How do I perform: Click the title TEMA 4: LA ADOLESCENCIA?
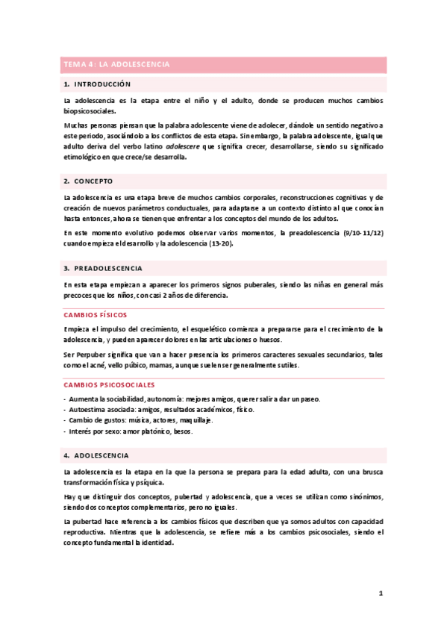116,65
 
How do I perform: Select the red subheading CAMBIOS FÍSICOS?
96,315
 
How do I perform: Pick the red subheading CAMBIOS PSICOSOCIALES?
109,384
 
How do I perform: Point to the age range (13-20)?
217,243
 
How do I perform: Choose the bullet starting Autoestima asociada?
160,410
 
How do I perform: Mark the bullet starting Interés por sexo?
130,431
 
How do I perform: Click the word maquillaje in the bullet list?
195,420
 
